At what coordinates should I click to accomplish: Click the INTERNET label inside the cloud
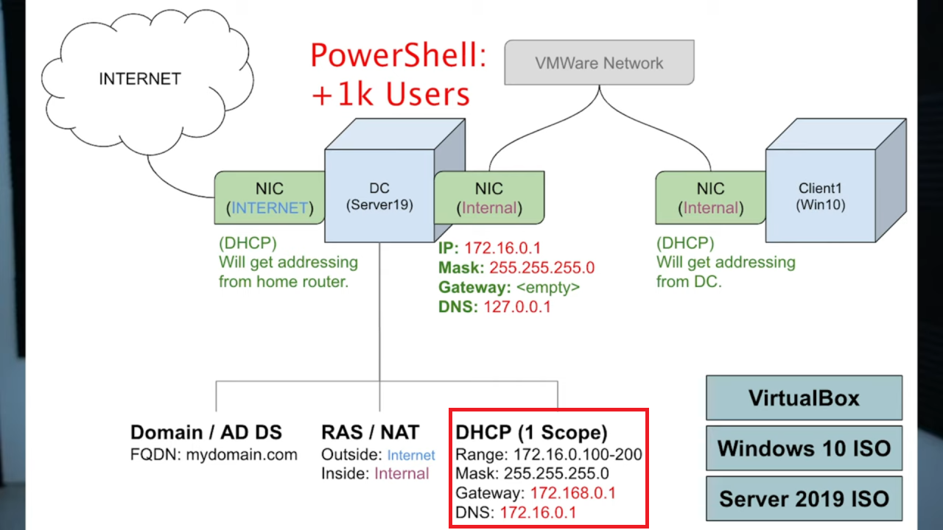(x=140, y=79)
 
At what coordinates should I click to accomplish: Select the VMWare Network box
(x=599, y=63)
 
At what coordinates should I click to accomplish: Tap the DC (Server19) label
(x=379, y=197)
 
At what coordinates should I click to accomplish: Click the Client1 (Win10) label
(x=820, y=197)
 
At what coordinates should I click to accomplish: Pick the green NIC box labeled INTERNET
(x=270, y=197)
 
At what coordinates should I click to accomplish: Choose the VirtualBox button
(x=804, y=397)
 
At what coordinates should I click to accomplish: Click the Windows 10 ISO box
(x=804, y=448)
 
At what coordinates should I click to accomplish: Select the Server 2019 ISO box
(x=804, y=498)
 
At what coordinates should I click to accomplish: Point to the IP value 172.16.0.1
(x=502, y=248)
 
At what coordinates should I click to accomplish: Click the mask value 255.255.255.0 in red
(x=541, y=267)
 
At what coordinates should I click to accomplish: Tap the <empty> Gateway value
(x=547, y=287)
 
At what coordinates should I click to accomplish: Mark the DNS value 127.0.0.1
(x=517, y=307)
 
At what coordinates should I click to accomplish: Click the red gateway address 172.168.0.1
(x=573, y=493)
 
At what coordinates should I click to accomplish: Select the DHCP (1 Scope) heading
(x=531, y=432)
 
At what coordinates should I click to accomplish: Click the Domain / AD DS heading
(x=206, y=432)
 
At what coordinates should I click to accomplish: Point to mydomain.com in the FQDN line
(x=242, y=455)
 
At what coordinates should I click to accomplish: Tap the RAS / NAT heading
(x=370, y=432)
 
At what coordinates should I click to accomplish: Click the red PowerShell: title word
(x=399, y=55)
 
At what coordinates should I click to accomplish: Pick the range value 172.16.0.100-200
(x=578, y=454)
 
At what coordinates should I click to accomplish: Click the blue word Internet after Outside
(x=411, y=455)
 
